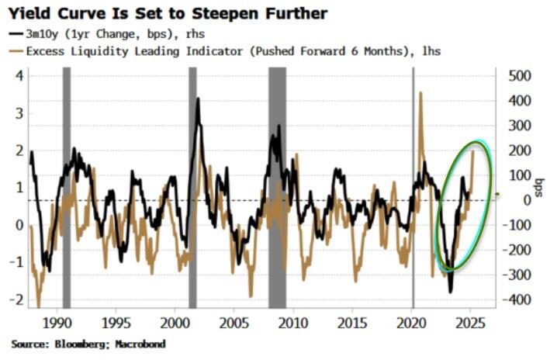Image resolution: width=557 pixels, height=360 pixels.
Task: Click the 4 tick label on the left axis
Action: click(x=20, y=76)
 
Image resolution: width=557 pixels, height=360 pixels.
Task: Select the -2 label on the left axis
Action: click(x=17, y=299)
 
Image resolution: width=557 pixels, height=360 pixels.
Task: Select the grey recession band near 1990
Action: click(x=67, y=186)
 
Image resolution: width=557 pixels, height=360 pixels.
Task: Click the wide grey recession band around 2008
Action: click(x=277, y=186)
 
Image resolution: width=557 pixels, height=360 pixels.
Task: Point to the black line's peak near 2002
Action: click(x=199, y=99)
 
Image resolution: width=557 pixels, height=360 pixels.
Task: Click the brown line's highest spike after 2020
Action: click(x=420, y=92)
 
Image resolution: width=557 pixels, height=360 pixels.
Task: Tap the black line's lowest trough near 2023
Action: click(x=451, y=292)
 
